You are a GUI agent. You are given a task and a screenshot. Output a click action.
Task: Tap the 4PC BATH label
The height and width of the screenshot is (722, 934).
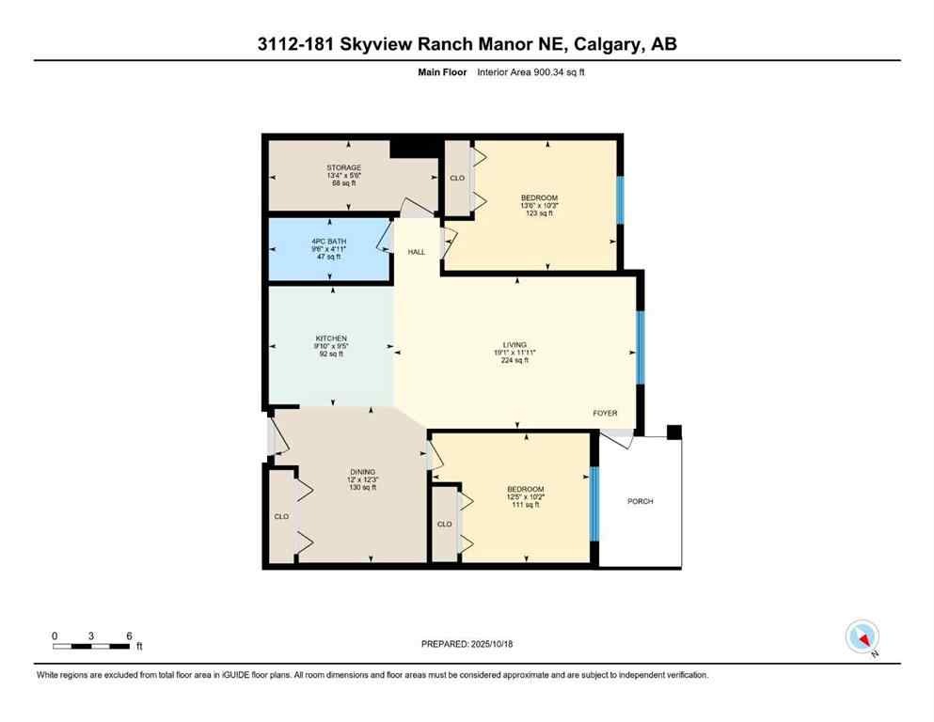[x=329, y=242]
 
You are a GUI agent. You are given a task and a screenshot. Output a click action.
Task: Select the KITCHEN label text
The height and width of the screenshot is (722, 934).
[x=331, y=338]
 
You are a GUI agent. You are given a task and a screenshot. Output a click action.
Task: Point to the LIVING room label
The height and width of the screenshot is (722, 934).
[x=514, y=345]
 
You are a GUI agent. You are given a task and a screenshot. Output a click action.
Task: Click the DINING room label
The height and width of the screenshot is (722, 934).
[x=361, y=472]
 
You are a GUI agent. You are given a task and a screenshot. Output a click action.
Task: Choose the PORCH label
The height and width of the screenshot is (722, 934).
[x=640, y=501]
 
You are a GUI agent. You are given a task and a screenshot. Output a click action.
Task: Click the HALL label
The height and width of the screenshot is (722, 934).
[x=417, y=253]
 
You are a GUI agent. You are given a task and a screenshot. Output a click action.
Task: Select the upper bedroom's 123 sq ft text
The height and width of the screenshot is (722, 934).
[x=538, y=213]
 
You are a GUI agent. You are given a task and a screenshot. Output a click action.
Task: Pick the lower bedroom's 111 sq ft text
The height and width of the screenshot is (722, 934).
[x=525, y=505]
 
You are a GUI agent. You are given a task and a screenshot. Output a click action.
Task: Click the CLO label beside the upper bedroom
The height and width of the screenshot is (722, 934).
[x=457, y=179]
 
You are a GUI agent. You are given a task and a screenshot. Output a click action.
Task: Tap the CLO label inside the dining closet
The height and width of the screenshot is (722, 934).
[x=281, y=516]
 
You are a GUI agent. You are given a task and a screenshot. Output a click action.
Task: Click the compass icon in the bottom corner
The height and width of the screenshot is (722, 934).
[x=862, y=637]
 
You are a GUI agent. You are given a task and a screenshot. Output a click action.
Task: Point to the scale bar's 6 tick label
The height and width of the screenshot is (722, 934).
[x=128, y=636]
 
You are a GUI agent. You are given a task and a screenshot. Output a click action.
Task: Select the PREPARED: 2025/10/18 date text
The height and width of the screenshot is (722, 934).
[x=467, y=644]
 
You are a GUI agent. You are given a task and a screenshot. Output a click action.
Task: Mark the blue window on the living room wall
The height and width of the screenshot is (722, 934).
[x=640, y=348]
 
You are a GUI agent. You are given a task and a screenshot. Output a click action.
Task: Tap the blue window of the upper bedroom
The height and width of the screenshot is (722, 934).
[x=620, y=200]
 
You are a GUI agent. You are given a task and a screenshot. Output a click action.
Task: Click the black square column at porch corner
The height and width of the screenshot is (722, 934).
[x=673, y=432]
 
